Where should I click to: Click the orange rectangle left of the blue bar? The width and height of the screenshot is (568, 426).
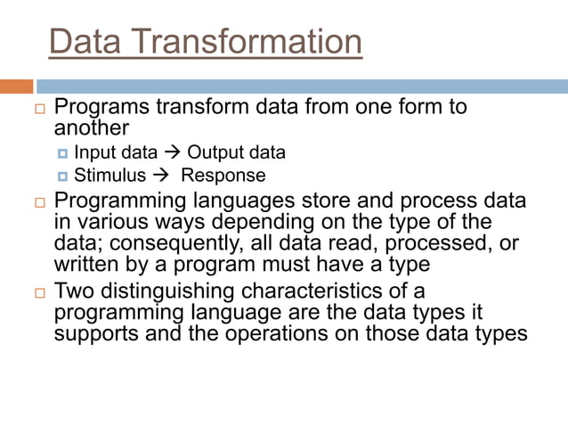pos(17,86)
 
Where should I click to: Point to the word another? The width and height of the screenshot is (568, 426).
pos(93,127)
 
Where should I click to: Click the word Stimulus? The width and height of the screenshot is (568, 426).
pos(110,175)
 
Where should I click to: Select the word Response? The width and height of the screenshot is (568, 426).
pos(223,175)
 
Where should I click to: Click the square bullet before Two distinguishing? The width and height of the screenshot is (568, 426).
pos(38,292)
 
